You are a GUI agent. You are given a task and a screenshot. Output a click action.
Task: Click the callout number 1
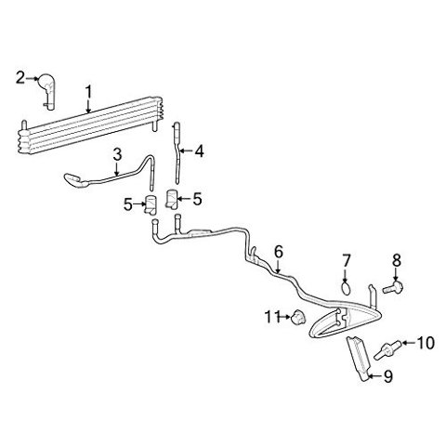click(88, 92)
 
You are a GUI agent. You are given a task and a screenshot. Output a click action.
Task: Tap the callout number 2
click(20, 78)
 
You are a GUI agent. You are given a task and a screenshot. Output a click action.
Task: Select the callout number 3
click(117, 156)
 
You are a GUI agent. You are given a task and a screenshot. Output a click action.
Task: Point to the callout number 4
click(199, 151)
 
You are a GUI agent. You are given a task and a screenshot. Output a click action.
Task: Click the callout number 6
click(279, 252)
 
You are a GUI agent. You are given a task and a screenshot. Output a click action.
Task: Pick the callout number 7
click(346, 260)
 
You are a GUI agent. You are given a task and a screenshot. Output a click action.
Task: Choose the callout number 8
click(397, 260)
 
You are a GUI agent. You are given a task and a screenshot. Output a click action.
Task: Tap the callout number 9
click(388, 376)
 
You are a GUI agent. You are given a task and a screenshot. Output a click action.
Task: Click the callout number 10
click(426, 343)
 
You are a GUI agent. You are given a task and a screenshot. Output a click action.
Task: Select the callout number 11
click(271, 317)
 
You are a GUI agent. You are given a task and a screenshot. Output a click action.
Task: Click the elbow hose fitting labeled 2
click(48, 90)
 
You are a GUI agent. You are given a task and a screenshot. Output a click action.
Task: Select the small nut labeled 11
click(298, 317)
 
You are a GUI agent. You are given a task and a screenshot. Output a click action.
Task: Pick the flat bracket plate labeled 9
click(359, 359)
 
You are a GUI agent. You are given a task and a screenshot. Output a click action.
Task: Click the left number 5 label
click(128, 204)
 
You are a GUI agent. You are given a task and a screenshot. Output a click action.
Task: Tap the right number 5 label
click(197, 199)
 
